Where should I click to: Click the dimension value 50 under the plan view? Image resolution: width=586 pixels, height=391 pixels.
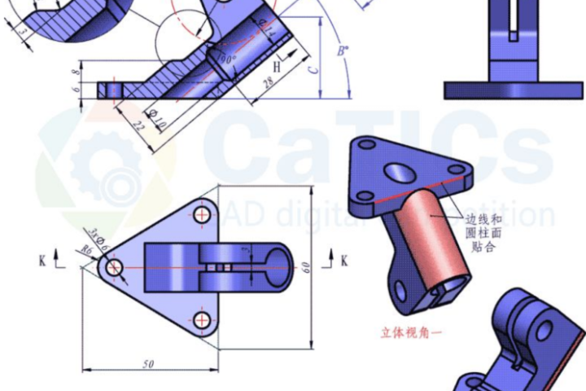(147, 364)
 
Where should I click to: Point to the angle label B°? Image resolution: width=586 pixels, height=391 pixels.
(343, 51)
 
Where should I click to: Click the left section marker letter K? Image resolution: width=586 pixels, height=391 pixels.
(42, 261)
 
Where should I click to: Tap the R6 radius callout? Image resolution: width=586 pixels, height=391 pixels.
(85, 253)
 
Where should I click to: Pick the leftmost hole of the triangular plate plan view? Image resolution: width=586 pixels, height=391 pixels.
(114, 266)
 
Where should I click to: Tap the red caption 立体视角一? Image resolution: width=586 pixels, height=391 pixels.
(409, 332)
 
